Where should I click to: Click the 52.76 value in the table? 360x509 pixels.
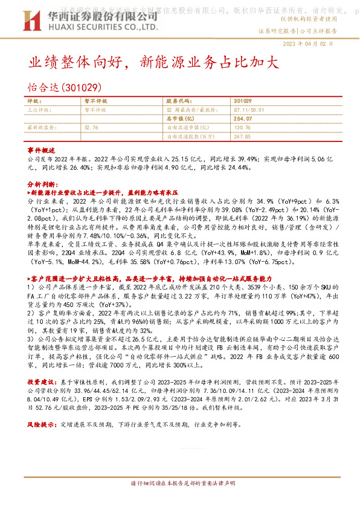pos(92,128)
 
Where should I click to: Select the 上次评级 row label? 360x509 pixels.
pos(40,111)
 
